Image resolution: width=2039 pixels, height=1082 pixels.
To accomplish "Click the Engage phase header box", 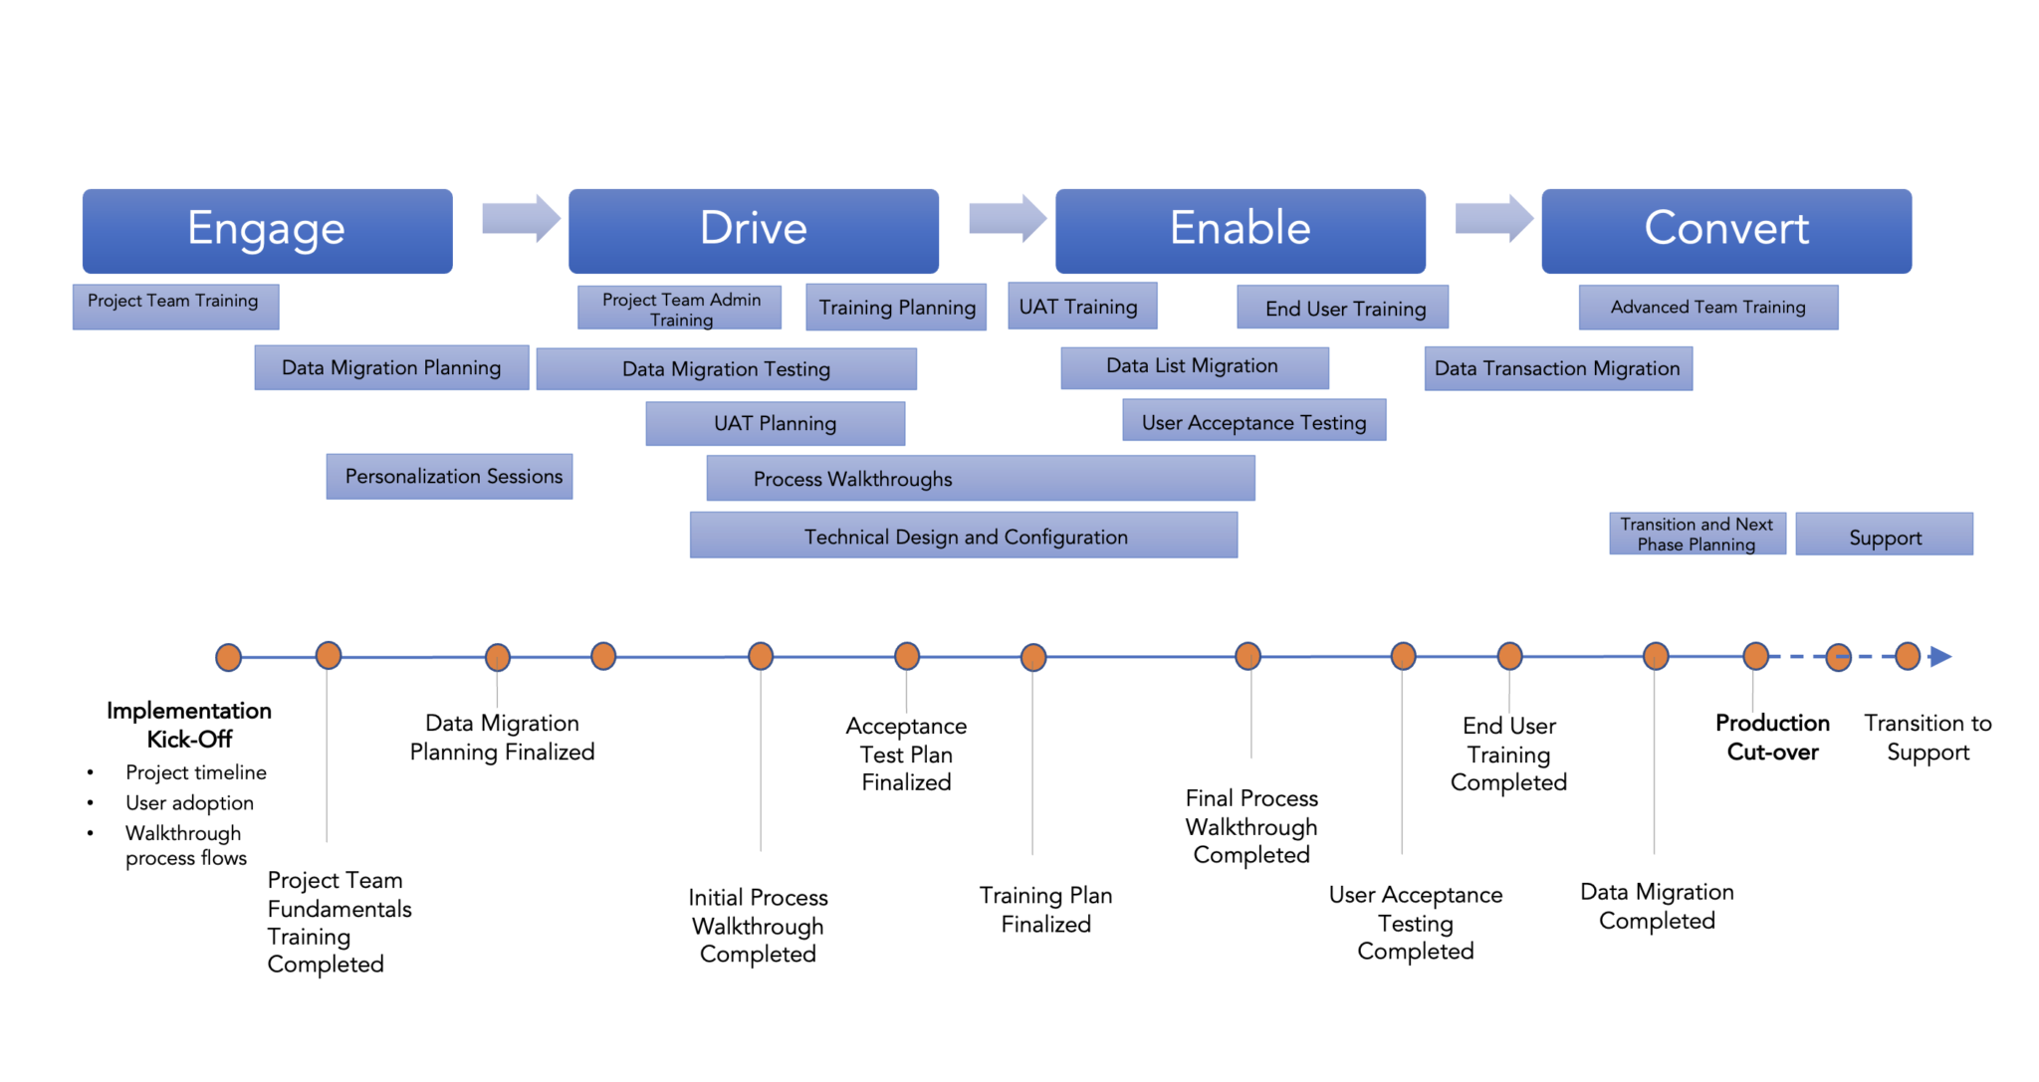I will click(267, 231).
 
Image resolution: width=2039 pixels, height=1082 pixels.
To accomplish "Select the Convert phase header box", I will click(1725, 231).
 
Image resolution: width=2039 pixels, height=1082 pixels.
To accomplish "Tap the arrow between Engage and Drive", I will click(521, 218).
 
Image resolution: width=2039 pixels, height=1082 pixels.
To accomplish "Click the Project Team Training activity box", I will click(175, 306).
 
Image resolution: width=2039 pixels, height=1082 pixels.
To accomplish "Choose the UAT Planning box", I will click(775, 424).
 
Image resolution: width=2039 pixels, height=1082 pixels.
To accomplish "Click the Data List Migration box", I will click(1194, 367).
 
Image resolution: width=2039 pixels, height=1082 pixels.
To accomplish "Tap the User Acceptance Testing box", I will click(1253, 420).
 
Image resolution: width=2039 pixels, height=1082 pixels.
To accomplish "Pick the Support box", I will click(1884, 535).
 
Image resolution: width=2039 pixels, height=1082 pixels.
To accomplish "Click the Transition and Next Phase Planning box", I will click(1697, 535).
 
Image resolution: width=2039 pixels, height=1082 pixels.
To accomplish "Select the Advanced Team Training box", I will click(1707, 308).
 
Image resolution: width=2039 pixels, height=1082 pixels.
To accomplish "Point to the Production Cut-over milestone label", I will click(1771, 738).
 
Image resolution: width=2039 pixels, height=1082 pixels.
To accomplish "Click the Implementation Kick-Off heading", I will click(189, 725).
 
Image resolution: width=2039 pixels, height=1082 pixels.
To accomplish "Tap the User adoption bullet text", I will click(189, 803).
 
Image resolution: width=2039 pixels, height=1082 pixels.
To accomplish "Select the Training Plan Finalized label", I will click(1045, 910).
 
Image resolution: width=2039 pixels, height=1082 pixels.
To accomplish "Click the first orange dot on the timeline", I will click(229, 657).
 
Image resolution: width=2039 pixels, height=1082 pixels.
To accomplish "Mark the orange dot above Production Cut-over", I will click(1755, 656).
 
